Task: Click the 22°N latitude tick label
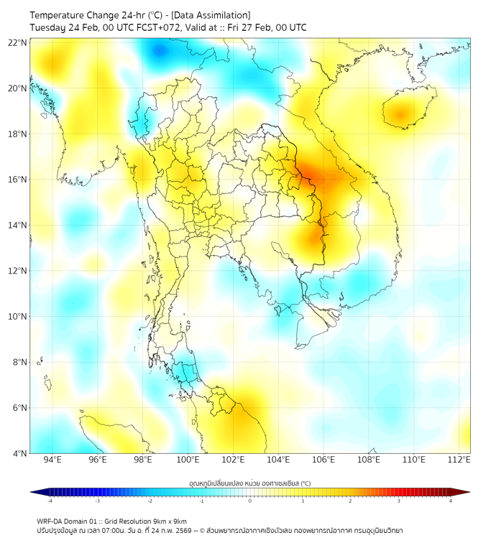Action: (17, 42)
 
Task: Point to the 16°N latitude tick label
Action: (17, 180)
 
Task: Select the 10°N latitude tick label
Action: (17, 317)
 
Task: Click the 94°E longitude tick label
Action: (52, 460)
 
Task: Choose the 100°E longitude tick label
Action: (188, 460)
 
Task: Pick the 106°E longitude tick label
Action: (324, 460)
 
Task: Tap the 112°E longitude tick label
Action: (459, 460)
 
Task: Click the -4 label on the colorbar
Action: (49, 501)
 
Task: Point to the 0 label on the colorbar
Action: (250, 501)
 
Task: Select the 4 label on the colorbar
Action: (451, 501)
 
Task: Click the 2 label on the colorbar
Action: (350, 501)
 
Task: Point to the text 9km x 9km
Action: (168, 521)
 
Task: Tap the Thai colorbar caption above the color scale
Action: (249, 483)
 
